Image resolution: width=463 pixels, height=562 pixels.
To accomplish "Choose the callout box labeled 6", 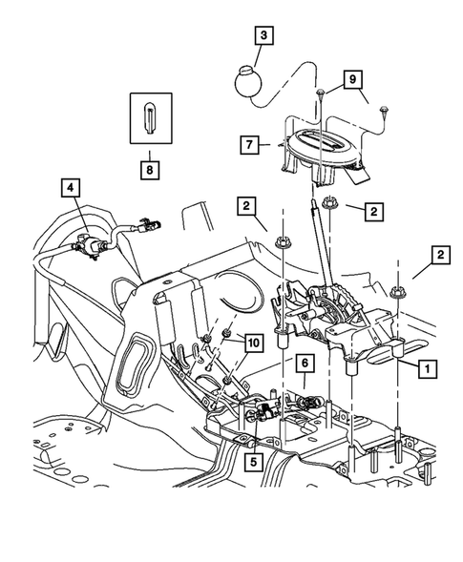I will [303, 364].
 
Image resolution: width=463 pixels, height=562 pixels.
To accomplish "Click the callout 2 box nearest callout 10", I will [246, 204].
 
